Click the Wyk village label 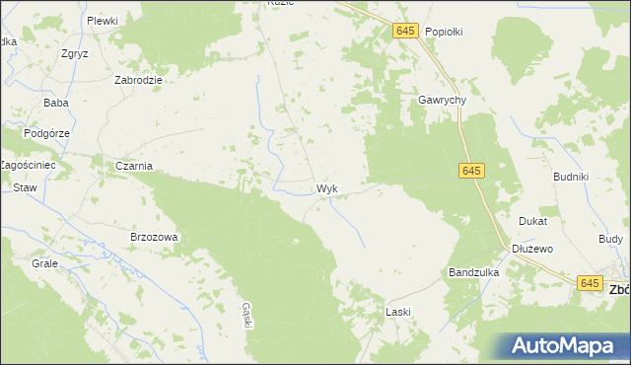[328, 187]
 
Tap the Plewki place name [102, 21]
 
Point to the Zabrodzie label [138, 81]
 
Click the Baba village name [54, 103]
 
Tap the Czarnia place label [134, 166]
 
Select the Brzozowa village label [154, 237]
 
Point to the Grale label [44, 264]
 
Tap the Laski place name [397, 312]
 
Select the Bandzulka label [474, 271]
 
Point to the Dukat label [532, 222]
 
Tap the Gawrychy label [441, 101]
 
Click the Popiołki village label [444, 32]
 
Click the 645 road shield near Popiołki [405, 32]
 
